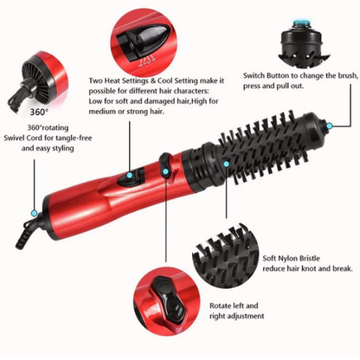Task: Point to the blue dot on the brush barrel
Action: (x=226, y=162)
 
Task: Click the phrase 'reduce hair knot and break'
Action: (x=307, y=269)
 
